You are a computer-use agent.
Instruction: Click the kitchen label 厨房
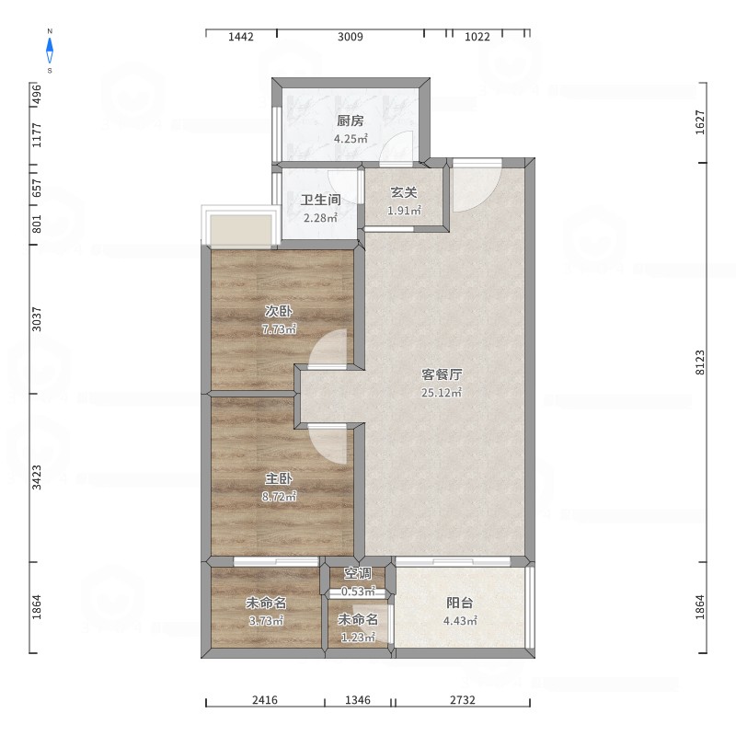pyautogui.click(x=351, y=121)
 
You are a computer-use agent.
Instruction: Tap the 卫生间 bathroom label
pyautogui.click(x=320, y=200)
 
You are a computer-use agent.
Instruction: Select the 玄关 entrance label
pyautogui.click(x=404, y=192)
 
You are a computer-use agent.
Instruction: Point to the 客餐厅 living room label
pyautogui.click(x=442, y=374)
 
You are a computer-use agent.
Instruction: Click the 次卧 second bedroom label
pyautogui.click(x=279, y=311)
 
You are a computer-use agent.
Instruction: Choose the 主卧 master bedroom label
pyautogui.click(x=279, y=478)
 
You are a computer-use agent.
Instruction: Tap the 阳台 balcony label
pyautogui.click(x=459, y=603)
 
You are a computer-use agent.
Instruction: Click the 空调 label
pyautogui.click(x=358, y=573)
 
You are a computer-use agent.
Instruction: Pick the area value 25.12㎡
pyautogui.click(x=442, y=393)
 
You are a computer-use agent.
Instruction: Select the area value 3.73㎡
pyautogui.click(x=266, y=620)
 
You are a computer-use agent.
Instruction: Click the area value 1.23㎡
pyautogui.click(x=358, y=637)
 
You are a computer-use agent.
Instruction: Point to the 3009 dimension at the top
pyautogui.click(x=351, y=37)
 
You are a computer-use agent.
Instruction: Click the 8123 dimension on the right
pyautogui.click(x=700, y=362)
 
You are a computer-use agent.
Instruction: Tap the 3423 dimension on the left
pyautogui.click(x=37, y=477)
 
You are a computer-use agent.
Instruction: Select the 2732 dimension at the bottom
pyautogui.click(x=463, y=700)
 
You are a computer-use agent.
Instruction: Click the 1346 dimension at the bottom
pyautogui.click(x=358, y=700)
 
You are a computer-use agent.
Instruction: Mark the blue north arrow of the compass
pyautogui.click(x=50, y=51)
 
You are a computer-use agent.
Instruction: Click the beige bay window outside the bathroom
pyautogui.click(x=241, y=230)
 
